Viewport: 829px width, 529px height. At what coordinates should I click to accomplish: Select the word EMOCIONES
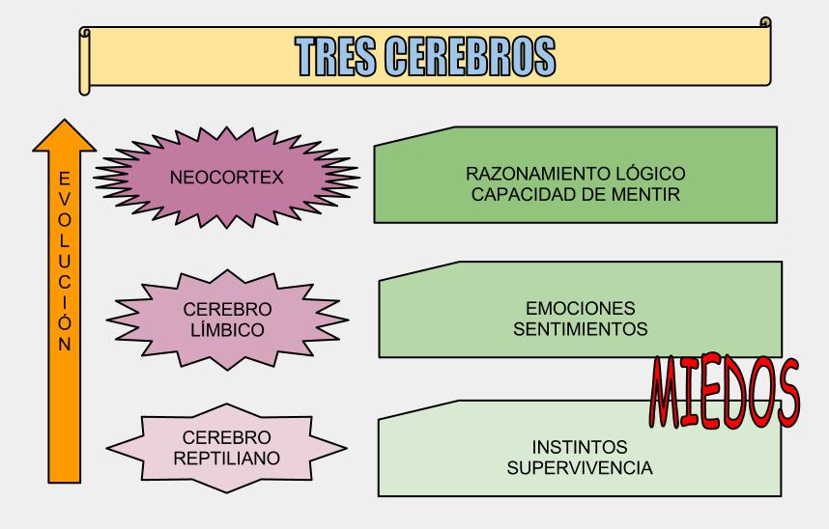click(581, 310)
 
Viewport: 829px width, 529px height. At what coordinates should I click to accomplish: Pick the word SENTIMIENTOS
click(581, 329)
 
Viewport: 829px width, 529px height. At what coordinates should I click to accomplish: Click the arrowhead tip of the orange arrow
click(64, 122)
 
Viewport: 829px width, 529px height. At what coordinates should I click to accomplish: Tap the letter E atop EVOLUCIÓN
click(64, 178)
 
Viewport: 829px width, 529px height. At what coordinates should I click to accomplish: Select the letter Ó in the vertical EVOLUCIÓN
click(64, 320)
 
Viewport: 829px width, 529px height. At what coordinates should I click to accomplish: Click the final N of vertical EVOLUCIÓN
click(64, 343)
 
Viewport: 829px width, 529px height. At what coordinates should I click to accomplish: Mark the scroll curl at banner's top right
click(765, 21)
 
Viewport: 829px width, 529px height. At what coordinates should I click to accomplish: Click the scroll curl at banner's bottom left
click(85, 88)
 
